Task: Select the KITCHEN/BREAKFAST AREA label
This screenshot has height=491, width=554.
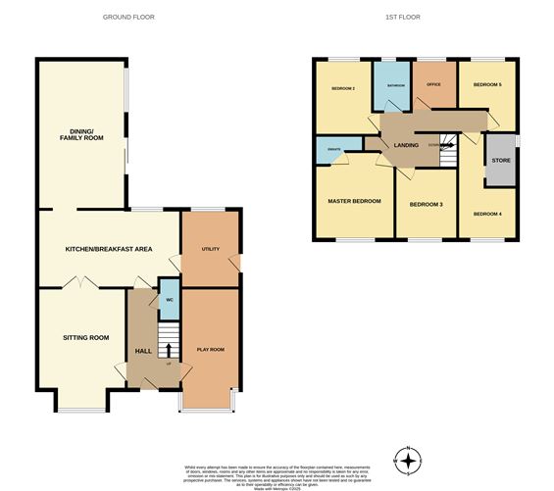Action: tap(109, 250)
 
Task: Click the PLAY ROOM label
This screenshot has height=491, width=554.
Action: tap(211, 349)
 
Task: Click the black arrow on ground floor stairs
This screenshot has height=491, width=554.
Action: tap(168, 351)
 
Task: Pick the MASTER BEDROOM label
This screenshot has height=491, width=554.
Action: tap(354, 201)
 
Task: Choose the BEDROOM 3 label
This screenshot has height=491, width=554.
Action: tap(426, 204)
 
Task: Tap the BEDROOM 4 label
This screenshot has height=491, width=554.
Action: tap(488, 214)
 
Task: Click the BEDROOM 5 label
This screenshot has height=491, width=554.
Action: tap(487, 85)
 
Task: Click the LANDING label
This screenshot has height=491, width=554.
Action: tap(406, 146)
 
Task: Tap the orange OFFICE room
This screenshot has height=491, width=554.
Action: tap(431, 86)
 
